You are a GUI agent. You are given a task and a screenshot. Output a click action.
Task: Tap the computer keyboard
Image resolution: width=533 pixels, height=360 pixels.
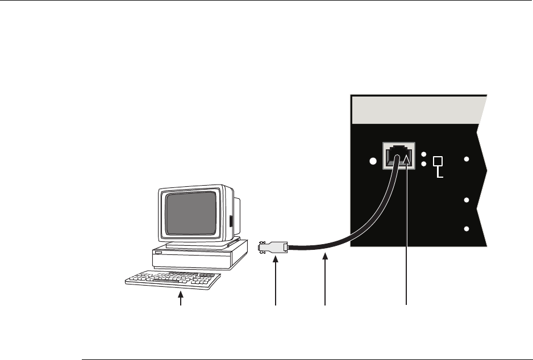tap(172, 280)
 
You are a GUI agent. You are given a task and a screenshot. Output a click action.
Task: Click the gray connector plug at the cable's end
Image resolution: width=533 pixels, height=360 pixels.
tap(273, 248)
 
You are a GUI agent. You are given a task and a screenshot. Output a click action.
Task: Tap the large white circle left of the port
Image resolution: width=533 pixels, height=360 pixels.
tap(373, 162)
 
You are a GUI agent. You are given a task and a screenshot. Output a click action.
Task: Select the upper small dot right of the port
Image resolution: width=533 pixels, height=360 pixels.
tap(424, 155)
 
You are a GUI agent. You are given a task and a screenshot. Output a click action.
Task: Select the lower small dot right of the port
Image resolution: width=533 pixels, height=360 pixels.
tap(424, 165)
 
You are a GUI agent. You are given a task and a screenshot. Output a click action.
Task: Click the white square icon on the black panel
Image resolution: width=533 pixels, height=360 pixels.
tap(438, 162)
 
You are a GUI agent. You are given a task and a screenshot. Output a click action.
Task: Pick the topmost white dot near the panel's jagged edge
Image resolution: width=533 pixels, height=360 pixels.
tap(467, 160)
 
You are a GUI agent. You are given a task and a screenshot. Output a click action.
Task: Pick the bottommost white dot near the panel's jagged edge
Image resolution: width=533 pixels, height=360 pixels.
tap(467, 229)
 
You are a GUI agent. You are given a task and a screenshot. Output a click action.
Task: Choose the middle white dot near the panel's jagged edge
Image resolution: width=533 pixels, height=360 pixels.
tap(467, 200)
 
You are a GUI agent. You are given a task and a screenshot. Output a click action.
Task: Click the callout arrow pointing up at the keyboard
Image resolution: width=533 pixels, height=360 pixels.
tap(181, 299)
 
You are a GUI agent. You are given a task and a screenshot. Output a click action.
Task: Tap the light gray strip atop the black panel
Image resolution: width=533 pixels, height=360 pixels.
tap(418, 111)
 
